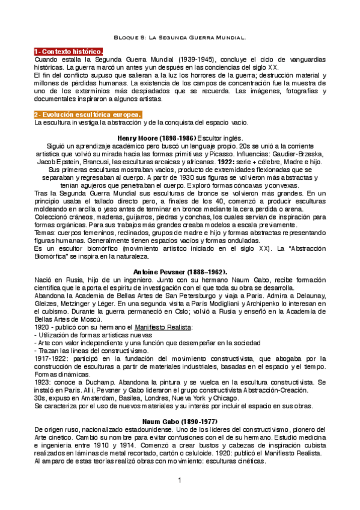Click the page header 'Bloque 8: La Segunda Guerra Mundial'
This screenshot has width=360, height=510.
tap(180, 38)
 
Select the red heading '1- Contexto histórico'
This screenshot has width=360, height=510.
tap(68, 52)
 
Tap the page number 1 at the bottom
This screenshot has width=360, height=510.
tap(179, 480)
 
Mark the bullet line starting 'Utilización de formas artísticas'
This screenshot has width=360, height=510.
tap(96, 334)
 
